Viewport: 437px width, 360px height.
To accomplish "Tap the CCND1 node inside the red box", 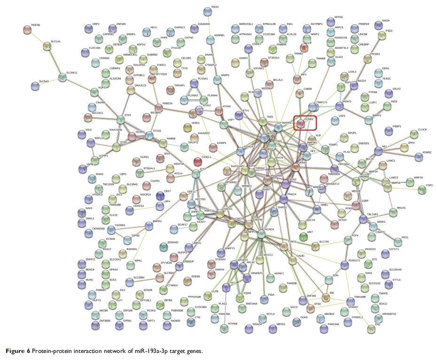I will coord(301,124).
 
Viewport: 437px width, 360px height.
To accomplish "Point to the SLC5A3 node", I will coord(34,86).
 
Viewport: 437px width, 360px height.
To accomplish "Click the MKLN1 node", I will coord(393,212).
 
